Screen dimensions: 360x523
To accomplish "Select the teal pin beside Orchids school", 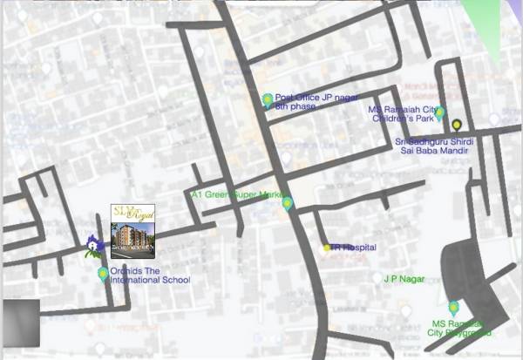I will point(103,275).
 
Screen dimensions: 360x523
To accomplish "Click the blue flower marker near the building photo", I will point(93,243).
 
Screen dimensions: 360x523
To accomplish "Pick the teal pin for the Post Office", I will point(268,100).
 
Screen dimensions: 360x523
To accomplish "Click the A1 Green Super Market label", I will point(238,194).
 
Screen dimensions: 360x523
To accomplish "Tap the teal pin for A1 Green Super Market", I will point(288,204).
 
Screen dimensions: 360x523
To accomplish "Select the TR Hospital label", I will point(354,248).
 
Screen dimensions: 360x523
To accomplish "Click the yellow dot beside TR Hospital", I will point(327,248).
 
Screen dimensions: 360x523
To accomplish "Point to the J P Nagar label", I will point(400,279).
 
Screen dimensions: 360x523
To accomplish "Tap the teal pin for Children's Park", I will point(440,112).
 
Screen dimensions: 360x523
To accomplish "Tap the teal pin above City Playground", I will point(453,307).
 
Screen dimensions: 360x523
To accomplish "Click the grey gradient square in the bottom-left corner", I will point(19,321).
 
